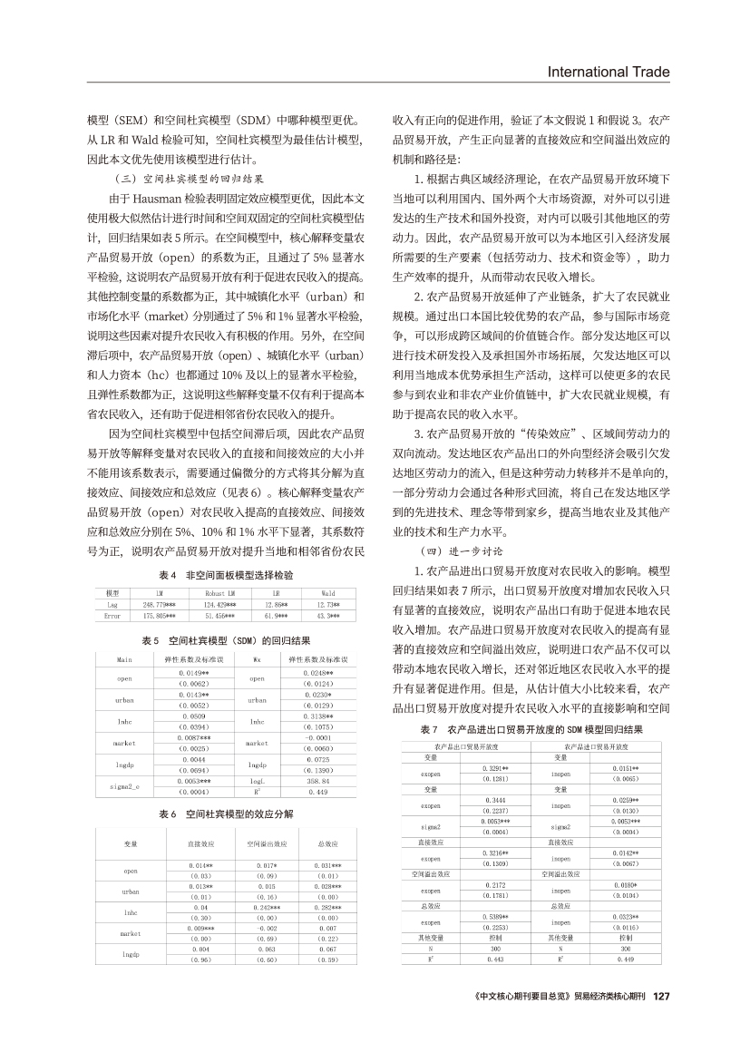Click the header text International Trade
coord(616,72)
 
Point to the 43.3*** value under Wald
coord(328,615)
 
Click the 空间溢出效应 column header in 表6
coord(267,844)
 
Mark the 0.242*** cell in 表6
coord(267,907)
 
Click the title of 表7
coord(531,729)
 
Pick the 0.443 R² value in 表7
coord(495,959)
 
